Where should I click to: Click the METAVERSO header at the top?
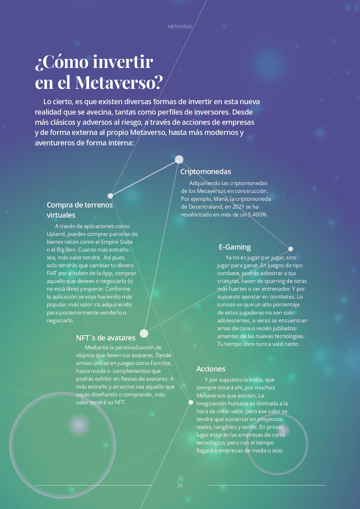tap(180, 27)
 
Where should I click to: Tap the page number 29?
tap(180, 485)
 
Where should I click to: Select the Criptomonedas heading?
tap(206, 172)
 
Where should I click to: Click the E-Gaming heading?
tap(235, 247)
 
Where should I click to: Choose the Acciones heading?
tap(211, 369)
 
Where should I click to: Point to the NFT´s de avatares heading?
tap(106, 338)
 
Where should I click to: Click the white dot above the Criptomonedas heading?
tap(179, 159)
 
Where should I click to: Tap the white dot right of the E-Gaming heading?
tap(291, 249)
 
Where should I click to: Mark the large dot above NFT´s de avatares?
tap(144, 333)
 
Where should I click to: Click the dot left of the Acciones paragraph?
tap(191, 402)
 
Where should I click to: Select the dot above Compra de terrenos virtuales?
tap(110, 196)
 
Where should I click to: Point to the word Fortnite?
tap(161, 363)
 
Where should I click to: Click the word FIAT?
tap(52, 273)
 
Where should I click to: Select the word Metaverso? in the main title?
tap(119, 82)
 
